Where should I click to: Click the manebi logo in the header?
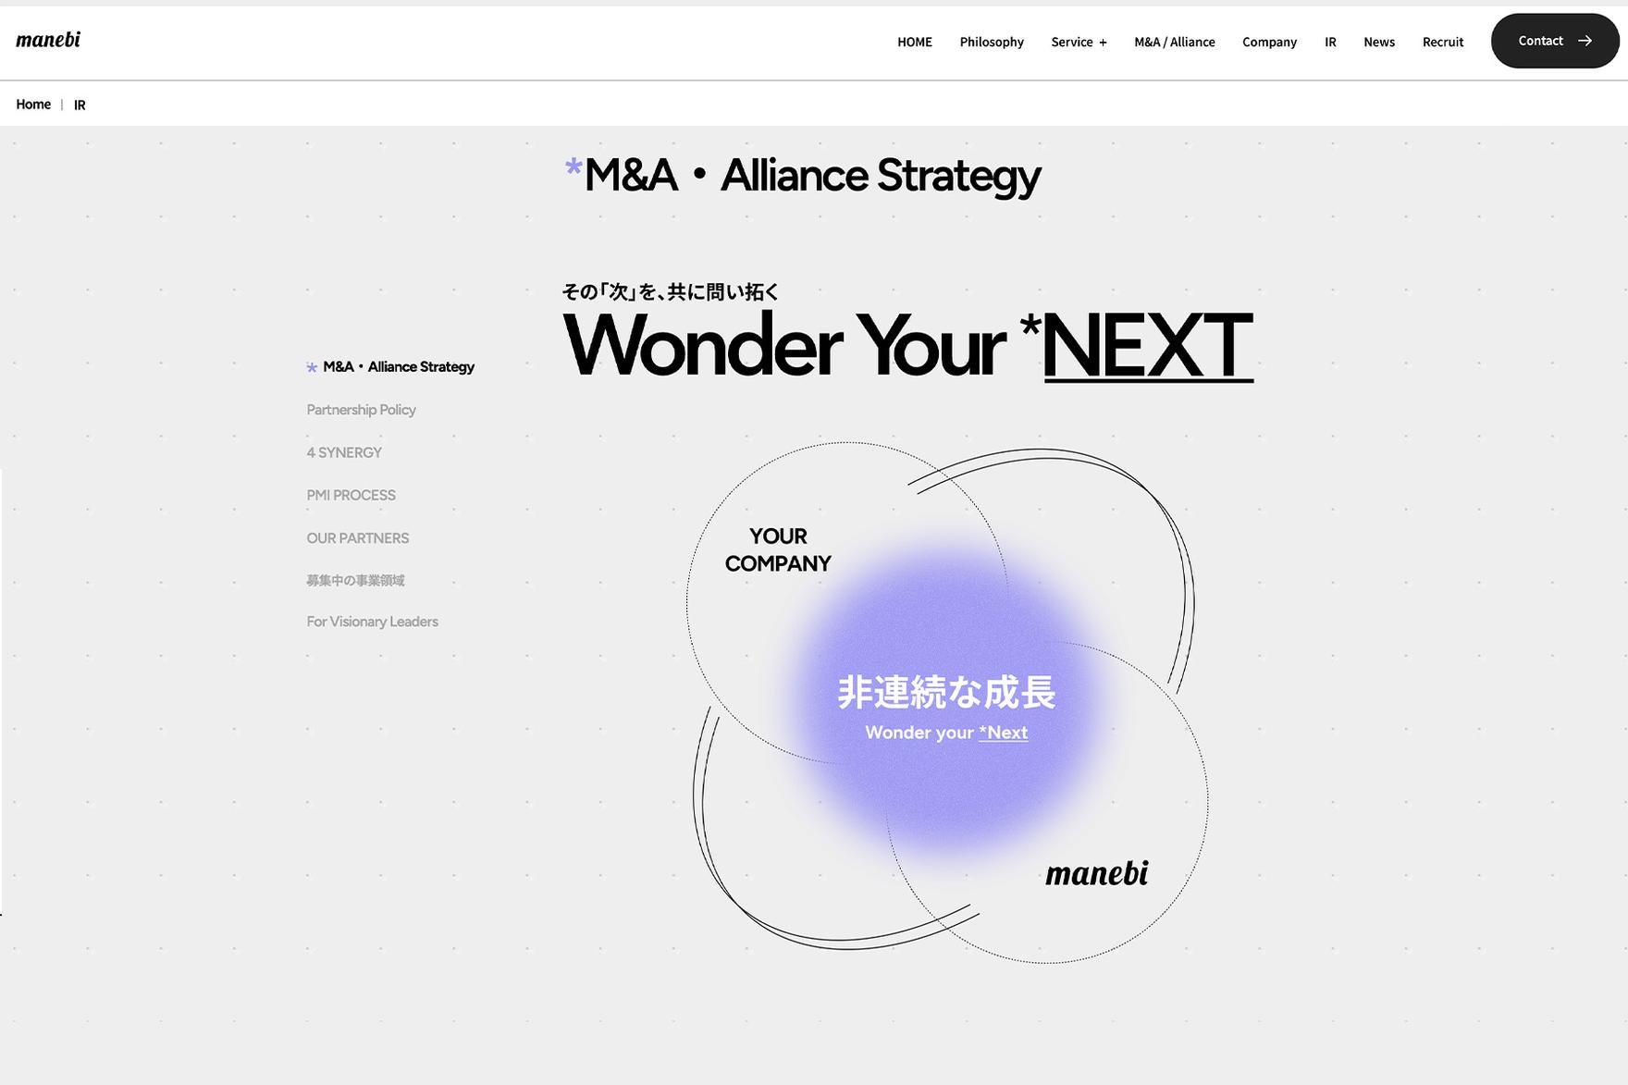point(48,40)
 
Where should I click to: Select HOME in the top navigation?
point(914,42)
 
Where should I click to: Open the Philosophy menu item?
point(992,42)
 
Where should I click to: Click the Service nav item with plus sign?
point(1079,42)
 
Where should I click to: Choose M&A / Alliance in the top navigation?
point(1175,42)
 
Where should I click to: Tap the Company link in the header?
point(1269,42)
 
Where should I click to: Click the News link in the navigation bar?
point(1378,42)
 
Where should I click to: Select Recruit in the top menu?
point(1442,42)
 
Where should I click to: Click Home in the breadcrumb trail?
point(33,105)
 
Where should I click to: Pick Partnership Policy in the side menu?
point(361,410)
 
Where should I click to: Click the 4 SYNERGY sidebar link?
point(344,452)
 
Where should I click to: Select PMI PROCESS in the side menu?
point(351,495)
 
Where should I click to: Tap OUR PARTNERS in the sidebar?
point(357,538)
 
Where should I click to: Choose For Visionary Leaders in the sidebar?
point(372,622)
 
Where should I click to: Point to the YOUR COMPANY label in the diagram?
point(778,549)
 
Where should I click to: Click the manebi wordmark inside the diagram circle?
point(1096,873)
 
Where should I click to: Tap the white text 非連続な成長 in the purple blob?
point(946,692)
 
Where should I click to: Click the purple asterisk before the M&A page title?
point(573,167)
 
